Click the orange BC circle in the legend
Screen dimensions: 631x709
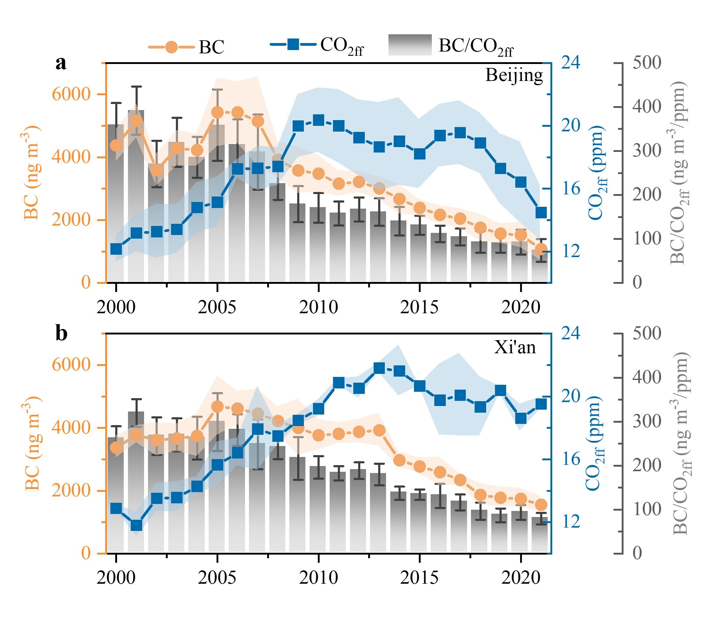[x=171, y=47]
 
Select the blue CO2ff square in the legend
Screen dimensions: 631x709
[x=293, y=44]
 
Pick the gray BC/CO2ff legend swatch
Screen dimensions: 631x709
[x=410, y=45]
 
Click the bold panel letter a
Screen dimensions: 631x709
[x=61, y=63]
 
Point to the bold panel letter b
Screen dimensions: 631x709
[x=61, y=333]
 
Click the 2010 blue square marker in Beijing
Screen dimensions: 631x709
[x=318, y=120]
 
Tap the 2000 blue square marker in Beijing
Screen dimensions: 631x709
[x=116, y=249]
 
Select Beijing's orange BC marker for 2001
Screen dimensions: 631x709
[x=136, y=121]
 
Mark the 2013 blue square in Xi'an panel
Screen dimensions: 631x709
[x=379, y=368]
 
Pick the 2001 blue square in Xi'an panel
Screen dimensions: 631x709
[x=136, y=525]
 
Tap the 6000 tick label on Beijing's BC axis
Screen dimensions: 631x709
[x=71, y=94]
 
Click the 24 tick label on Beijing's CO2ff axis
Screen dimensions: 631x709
[x=571, y=63]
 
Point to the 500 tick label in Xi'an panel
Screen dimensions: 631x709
[x=647, y=333]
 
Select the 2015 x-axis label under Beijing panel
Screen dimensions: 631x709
[x=419, y=307]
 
